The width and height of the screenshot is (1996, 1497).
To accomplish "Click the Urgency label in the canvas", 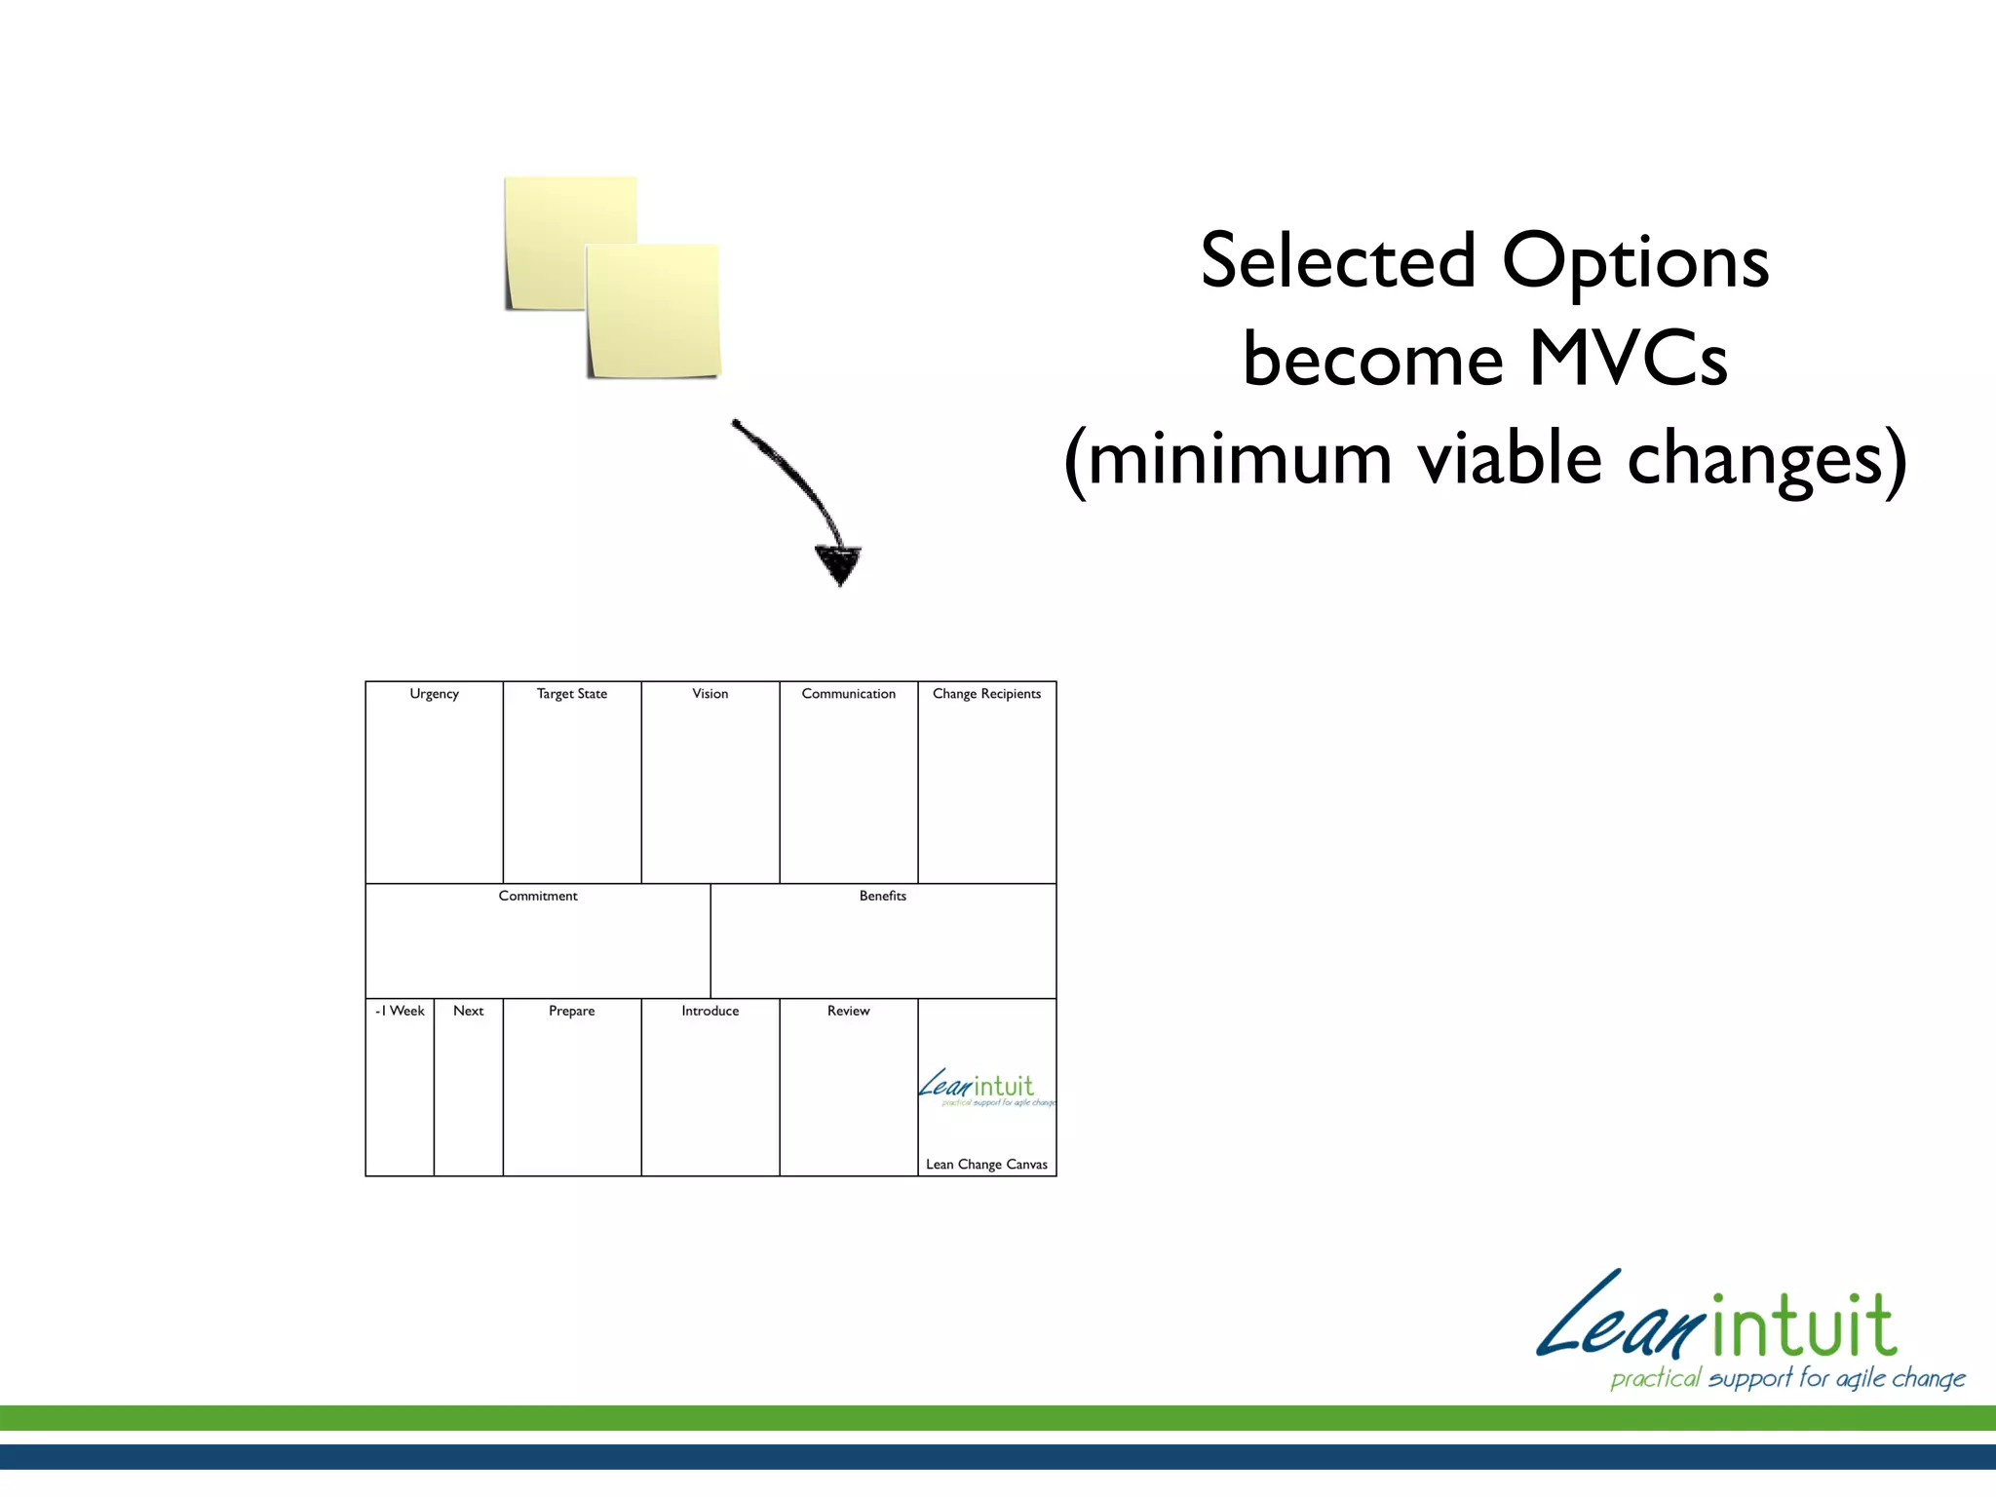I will point(434,694).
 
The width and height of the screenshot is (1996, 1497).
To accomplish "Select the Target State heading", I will point(572,694).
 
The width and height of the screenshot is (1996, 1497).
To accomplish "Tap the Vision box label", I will point(710,694).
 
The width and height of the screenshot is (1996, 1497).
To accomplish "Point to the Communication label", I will point(848,694).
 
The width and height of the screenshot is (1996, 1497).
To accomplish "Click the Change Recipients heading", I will point(986,694).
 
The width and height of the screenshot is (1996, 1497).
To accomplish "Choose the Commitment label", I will point(538,896).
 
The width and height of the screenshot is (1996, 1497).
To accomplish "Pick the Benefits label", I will point(883,896).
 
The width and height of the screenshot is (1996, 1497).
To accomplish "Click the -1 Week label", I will point(400,1011).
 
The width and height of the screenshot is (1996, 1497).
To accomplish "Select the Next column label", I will point(468,1011).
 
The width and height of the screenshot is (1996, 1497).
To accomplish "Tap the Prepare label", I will point(572,1011).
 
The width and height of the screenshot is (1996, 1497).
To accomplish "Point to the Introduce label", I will point(710,1011).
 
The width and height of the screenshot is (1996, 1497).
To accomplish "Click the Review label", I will point(848,1011).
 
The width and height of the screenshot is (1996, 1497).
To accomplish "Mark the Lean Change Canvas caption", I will point(986,1165).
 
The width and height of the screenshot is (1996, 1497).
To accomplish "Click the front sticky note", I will point(653,312).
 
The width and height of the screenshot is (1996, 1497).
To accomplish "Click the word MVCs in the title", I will point(1628,360).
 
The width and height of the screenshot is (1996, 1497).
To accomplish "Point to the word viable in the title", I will point(1510,458).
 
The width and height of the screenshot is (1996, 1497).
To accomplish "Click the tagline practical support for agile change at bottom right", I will point(1787,1378).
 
